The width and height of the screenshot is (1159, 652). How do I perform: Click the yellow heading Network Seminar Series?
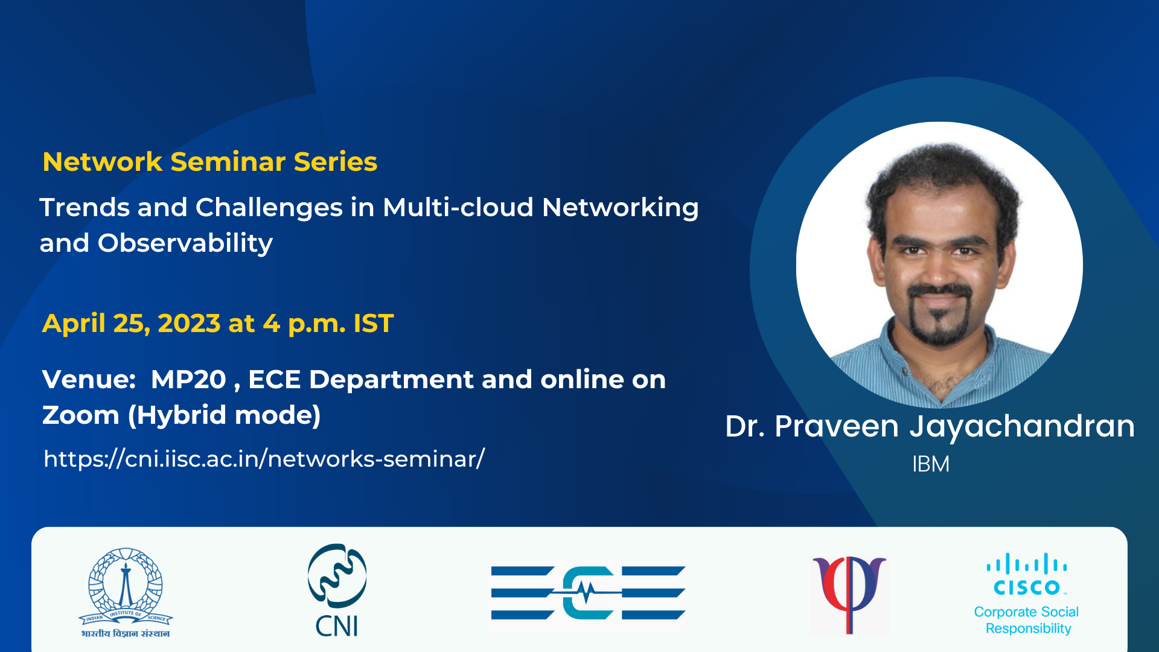209,162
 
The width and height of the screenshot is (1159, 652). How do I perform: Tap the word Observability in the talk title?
185,243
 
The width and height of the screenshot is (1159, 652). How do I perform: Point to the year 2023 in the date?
189,324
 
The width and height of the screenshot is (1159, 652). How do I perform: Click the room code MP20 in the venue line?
188,380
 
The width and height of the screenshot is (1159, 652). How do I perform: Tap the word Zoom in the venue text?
81,415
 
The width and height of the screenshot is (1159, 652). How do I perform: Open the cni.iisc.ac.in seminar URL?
264,459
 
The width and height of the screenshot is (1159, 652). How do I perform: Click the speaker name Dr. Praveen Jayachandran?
930,427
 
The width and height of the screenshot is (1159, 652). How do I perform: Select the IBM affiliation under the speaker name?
931,464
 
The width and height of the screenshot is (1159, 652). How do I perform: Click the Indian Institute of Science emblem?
126,592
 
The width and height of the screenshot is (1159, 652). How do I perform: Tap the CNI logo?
337,590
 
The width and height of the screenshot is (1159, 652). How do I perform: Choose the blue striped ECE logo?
588,593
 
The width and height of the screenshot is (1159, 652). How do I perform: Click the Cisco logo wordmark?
1027,574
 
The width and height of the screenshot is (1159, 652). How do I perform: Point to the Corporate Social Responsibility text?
1027,620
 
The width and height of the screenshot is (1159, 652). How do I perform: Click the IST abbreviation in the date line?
374,324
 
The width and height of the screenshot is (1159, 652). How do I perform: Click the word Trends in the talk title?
85,207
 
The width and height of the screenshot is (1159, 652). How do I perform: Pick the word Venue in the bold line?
89,380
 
